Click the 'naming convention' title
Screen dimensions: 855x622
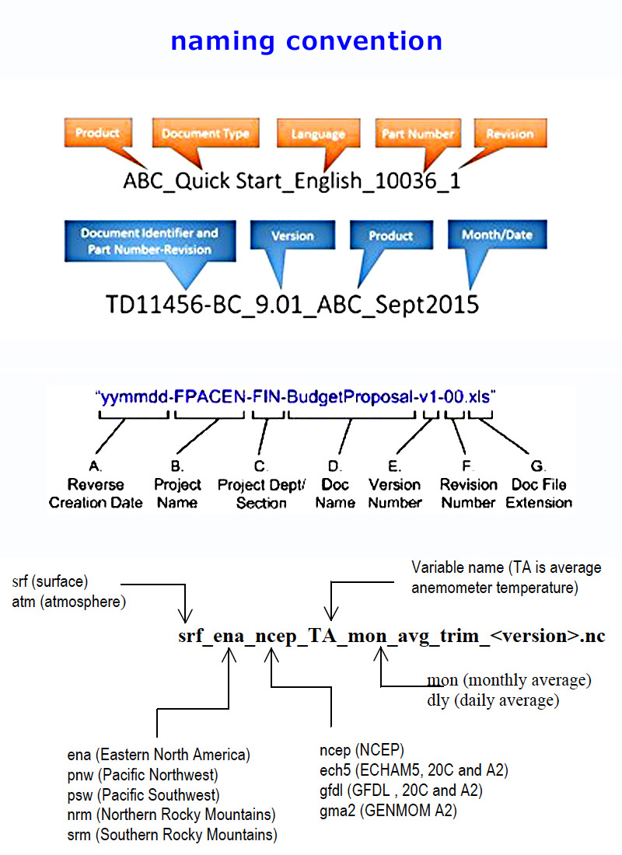(306, 40)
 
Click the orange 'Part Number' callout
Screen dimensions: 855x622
(418, 134)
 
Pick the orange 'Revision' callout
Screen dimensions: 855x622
(509, 134)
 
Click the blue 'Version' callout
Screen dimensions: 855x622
(292, 236)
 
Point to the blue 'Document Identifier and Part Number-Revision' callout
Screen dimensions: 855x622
(149, 240)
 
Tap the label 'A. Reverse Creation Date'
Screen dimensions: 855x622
(96, 485)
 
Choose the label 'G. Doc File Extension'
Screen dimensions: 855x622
(539, 485)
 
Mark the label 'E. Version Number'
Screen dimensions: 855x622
(395, 485)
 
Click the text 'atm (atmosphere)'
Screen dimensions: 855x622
(69, 601)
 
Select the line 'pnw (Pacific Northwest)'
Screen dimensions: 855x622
(144, 775)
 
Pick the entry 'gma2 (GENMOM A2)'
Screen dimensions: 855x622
(389, 811)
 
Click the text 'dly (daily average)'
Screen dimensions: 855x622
(493, 700)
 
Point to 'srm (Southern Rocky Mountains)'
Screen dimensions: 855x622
(173, 836)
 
